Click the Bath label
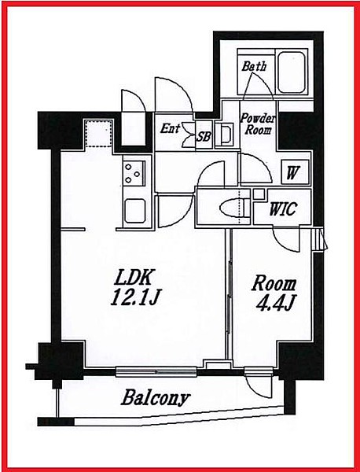coord(254,66)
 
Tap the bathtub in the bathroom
coord(291,72)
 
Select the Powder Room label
coord(258,124)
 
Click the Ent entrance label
coord(170,128)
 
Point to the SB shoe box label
coord(204,137)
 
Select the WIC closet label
coord(283,208)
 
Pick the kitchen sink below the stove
coord(135,210)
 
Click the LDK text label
coord(133,278)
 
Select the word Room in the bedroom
coord(274,284)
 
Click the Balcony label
coord(156,398)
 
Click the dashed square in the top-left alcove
coord(99,134)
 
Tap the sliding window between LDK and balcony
coord(156,371)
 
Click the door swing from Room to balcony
coord(259,386)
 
